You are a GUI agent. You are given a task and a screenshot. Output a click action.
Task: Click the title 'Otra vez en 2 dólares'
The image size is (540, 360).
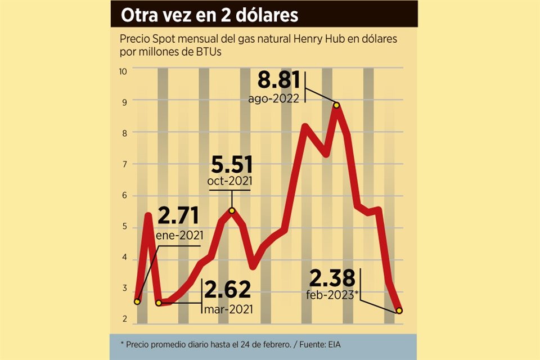[x=209, y=15]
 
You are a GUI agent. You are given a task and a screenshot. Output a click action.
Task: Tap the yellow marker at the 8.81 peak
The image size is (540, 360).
[x=336, y=105]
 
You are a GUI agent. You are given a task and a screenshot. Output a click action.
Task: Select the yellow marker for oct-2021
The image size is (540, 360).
[x=232, y=210]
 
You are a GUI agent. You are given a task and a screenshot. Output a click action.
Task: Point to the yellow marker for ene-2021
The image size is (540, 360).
[x=138, y=301]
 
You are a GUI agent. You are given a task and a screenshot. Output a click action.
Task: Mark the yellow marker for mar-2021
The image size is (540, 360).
[x=159, y=303]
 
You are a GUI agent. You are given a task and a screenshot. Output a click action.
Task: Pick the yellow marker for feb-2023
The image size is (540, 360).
[x=399, y=310]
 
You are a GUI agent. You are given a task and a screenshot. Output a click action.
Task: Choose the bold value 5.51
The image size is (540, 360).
[x=232, y=165]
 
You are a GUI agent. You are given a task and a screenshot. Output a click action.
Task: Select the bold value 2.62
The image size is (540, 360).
[x=227, y=290]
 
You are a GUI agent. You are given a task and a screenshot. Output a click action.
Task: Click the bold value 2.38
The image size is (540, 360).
[x=332, y=278]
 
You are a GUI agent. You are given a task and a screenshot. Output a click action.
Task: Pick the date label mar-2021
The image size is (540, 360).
[x=228, y=309]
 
